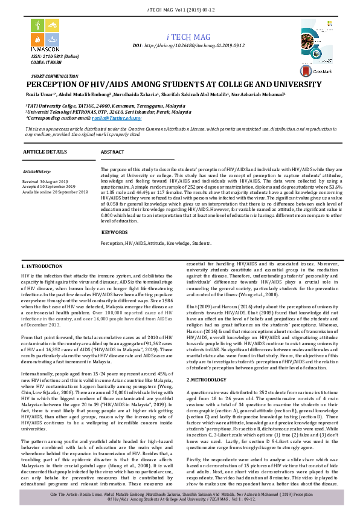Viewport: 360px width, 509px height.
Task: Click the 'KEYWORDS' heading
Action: click(x=114, y=232)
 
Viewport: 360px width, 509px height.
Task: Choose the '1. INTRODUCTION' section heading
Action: click(x=42, y=266)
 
